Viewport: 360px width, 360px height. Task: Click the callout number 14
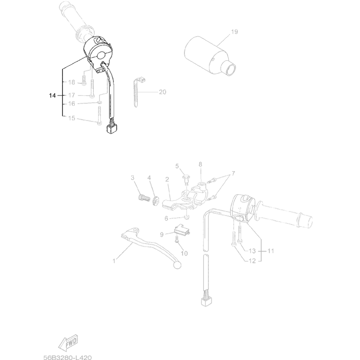click(x=52, y=95)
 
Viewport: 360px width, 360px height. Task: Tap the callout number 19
click(x=234, y=31)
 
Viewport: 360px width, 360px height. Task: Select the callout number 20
click(x=162, y=92)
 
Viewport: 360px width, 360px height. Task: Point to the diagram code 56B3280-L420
click(x=67, y=357)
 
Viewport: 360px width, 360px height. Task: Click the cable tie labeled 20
click(x=138, y=92)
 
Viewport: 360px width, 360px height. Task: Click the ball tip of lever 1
click(x=177, y=265)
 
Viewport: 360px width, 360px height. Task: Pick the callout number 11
click(x=271, y=251)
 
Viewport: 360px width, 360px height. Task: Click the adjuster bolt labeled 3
click(x=143, y=198)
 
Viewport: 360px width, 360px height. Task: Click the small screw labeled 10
click(x=176, y=239)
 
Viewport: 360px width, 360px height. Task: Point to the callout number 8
click(x=200, y=164)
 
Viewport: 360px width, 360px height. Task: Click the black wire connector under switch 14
click(x=111, y=129)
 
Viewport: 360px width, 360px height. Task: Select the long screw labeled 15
click(x=99, y=117)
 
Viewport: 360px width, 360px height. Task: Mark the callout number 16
click(x=72, y=104)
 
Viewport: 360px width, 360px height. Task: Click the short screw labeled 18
click(x=84, y=80)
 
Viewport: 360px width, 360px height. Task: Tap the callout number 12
click(x=252, y=261)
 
